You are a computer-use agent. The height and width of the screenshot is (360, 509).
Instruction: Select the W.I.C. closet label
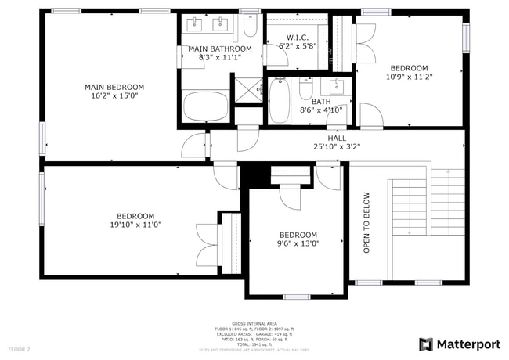[297, 37]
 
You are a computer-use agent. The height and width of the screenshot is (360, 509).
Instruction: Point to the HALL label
[337, 137]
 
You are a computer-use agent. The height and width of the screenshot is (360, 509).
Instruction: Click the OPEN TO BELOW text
[366, 222]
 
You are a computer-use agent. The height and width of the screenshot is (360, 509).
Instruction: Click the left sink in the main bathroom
[196, 25]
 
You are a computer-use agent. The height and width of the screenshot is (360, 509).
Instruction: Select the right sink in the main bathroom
[222, 25]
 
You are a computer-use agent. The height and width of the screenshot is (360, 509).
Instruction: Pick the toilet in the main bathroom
[250, 27]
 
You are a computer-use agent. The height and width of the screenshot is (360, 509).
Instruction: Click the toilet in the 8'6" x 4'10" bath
[306, 89]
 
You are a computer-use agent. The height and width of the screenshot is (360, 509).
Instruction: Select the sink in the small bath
[338, 85]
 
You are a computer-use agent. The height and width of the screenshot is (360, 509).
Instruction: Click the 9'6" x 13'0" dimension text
[298, 243]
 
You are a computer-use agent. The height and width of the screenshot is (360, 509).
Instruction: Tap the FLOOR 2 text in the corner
[19, 348]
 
